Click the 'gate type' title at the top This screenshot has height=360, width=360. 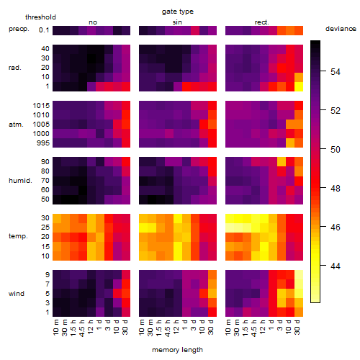click(178, 12)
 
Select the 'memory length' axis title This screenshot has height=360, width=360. click(177, 350)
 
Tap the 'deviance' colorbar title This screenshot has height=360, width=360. click(341, 29)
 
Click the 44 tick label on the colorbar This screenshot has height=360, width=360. click(336, 266)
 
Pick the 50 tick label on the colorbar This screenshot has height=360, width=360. click(336, 149)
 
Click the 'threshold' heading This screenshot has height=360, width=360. click(40, 17)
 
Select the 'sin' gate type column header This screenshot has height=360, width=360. click(177, 22)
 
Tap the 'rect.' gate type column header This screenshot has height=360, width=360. click(261, 22)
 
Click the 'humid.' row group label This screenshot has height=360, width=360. click(20, 181)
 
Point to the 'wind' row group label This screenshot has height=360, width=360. click(17, 294)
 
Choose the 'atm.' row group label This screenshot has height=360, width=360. click(16, 125)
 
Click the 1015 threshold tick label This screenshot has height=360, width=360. click(41, 106)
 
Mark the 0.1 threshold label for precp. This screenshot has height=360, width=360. click(44, 30)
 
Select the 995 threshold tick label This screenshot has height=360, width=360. click(43, 143)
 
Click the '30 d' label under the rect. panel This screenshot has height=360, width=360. click(297, 327)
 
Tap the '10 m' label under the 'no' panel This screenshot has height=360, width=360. click(55, 327)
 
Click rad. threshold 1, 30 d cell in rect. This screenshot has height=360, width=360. click(299, 86)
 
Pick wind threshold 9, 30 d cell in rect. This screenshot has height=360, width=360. click(299, 275)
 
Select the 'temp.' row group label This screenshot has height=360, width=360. click(18, 236)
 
